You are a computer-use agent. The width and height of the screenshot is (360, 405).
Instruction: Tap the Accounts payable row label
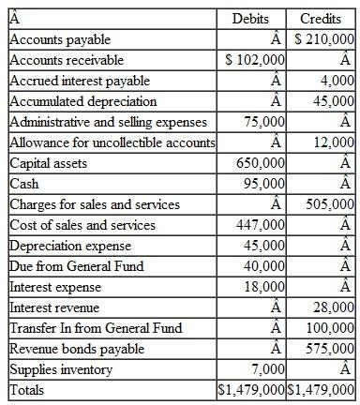tap(60, 39)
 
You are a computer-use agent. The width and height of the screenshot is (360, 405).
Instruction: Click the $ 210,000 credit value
tap(324, 39)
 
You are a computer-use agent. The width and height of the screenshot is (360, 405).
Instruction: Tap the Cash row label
tap(24, 184)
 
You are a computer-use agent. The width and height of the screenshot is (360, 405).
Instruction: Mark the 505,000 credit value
tap(331, 204)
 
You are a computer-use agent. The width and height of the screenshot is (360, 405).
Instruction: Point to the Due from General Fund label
tap(77, 266)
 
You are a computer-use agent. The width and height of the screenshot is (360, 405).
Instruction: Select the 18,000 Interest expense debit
tap(264, 287)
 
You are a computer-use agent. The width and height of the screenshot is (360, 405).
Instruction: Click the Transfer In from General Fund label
tap(96, 328)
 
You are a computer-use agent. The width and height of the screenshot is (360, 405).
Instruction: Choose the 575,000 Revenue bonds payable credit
tap(331, 349)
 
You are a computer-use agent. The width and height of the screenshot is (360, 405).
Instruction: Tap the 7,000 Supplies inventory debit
tap(268, 369)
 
